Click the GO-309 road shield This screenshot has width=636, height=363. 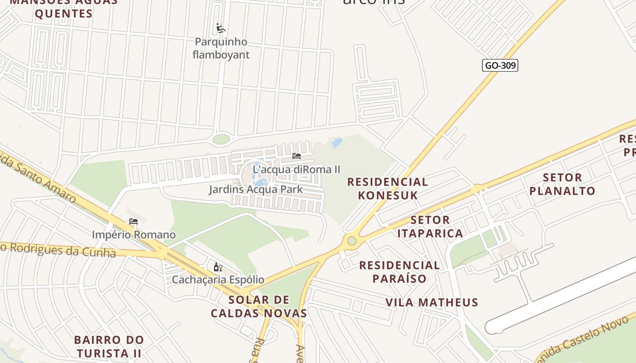click(500, 65)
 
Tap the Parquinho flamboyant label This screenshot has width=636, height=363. click(221, 49)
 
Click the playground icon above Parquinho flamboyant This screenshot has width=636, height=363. click(221, 28)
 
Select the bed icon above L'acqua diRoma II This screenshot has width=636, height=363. click(297, 156)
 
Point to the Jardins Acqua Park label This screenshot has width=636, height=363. click(256, 189)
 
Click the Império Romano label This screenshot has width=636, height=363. click(134, 235)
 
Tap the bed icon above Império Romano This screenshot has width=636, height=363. click(133, 221)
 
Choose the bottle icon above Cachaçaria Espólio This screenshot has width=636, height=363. click(218, 267)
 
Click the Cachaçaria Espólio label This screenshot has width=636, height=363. click(218, 280)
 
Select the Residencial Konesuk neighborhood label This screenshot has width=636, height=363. click(388, 188)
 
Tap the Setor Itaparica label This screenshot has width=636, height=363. click(430, 227)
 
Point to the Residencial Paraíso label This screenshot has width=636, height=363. click(400, 272)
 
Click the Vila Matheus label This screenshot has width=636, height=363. click(432, 302)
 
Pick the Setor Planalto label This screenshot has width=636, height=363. click(562, 184)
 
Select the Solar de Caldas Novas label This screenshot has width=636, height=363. click(259, 306)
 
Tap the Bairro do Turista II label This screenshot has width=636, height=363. click(109, 346)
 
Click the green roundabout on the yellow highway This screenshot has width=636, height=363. click(352, 240)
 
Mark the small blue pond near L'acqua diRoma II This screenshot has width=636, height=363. click(337, 142)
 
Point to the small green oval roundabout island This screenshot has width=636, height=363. click(221, 139)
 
